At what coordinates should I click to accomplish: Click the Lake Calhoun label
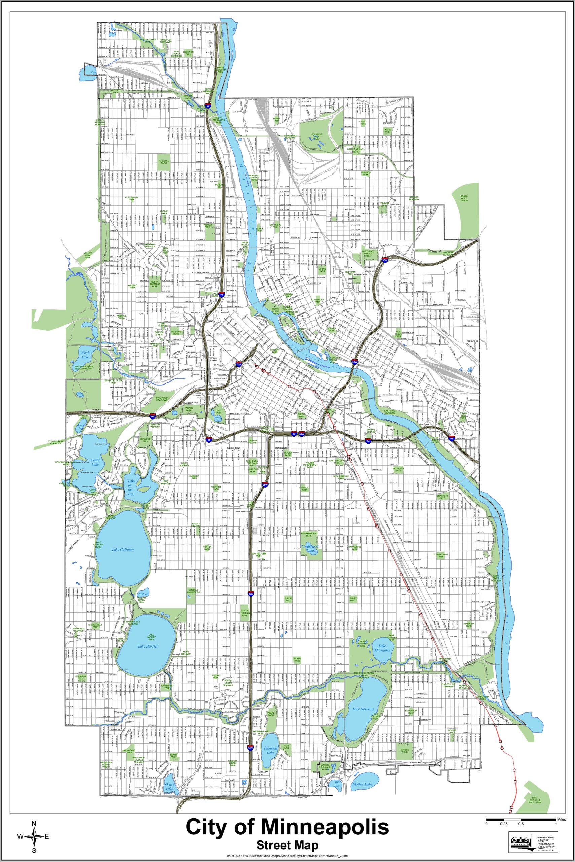tap(123, 549)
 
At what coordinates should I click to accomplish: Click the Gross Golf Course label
tap(464, 199)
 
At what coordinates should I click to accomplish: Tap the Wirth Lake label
tap(86, 355)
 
